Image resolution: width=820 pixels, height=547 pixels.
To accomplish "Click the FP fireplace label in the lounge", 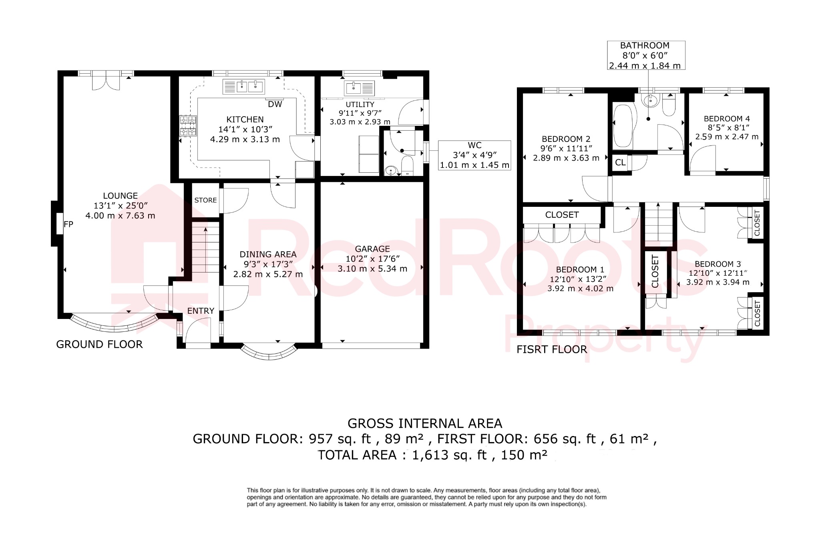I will click(x=68, y=224).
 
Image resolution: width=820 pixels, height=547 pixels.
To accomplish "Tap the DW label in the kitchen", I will click(x=275, y=105).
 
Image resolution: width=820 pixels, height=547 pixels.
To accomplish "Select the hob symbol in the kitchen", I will click(x=188, y=125).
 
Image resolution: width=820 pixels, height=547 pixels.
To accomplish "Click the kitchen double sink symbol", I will click(x=249, y=87).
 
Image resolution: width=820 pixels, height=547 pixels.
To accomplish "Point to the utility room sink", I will click(x=360, y=88).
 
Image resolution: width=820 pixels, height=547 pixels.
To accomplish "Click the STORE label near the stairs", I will click(x=205, y=200).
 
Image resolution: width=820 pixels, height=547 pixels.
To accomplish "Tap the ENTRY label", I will click(x=201, y=311).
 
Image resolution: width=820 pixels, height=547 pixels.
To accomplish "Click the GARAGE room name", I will click(x=372, y=249).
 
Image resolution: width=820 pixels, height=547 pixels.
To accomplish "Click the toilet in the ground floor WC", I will click(x=408, y=166).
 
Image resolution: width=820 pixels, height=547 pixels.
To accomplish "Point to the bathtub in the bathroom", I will click(x=623, y=126).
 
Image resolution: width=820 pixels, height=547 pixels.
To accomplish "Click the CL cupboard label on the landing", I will click(x=620, y=163).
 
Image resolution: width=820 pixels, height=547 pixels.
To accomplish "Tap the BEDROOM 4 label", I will click(x=727, y=119).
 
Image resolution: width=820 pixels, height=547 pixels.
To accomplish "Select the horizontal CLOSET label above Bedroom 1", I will click(x=562, y=215).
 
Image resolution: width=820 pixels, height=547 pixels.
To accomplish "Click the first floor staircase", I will click(x=658, y=222).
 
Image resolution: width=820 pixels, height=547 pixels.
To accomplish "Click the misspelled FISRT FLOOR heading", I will click(x=552, y=349).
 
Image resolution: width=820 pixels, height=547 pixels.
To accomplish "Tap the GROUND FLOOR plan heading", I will click(x=99, y=344).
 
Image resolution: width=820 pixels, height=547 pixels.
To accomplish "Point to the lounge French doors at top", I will click(x=106, y=80).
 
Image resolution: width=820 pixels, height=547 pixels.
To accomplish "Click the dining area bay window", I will click(x=269, y=351).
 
